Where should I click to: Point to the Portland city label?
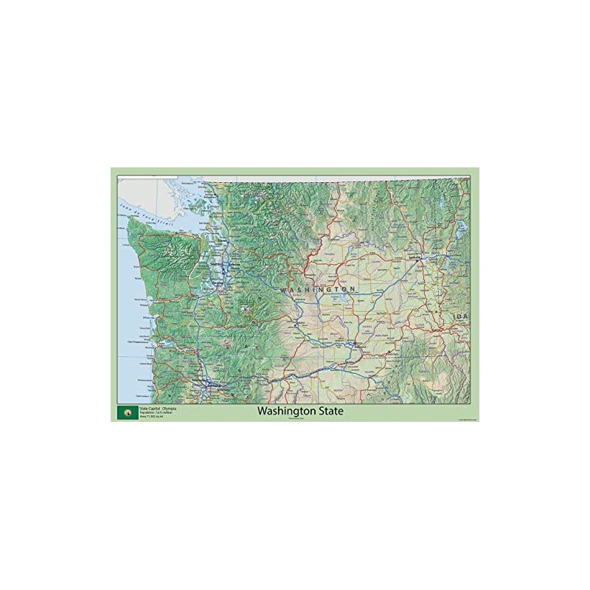point(215,384)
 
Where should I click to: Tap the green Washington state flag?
point(126,412)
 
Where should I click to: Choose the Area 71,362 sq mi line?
point(148,417)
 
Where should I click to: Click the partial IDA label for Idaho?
point(461,316)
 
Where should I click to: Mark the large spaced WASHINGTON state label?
point(322,287)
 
